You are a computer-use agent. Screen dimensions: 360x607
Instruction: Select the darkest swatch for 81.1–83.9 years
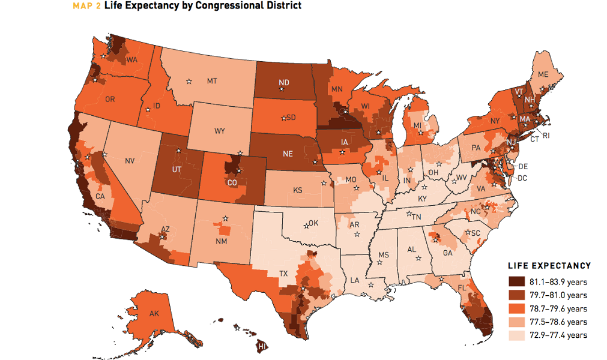point(515,281)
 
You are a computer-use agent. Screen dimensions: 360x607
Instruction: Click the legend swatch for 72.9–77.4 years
point(515,335)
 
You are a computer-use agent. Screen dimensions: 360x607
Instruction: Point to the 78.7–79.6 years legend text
point(558,308)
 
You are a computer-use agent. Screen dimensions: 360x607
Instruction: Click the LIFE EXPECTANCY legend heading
point(549,266)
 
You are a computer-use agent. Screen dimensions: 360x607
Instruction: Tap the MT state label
point(212,80)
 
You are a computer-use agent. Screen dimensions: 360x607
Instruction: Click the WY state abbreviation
point(219,130)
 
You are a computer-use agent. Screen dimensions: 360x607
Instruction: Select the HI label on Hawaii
point(262,347)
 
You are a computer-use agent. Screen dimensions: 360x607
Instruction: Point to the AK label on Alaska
point(153,313)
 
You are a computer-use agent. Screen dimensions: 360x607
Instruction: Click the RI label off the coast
point(546,136)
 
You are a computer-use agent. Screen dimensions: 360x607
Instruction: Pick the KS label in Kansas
point(297,190)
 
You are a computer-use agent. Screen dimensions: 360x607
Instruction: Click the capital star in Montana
point(190,81)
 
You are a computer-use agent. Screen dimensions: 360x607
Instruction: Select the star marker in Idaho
point(148,109)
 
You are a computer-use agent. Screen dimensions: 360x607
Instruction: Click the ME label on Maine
point(543,74)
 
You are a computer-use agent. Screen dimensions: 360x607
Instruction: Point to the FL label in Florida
point(462,287)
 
